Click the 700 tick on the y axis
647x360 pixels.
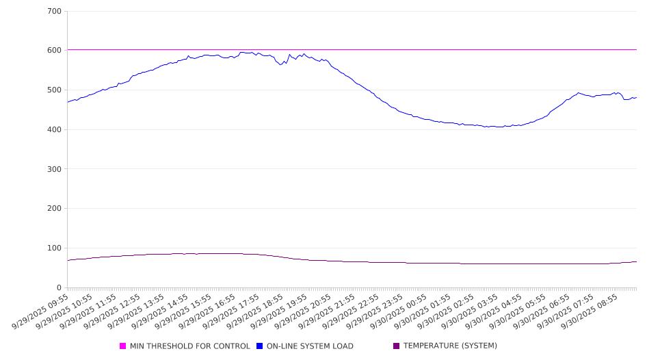[x=55, y=11]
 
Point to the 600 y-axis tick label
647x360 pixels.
[x=55, y=51]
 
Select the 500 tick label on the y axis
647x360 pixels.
[x=55, y=90]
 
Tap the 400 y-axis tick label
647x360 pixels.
[x=55, y=129]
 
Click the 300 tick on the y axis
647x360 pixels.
[x=55, y=169]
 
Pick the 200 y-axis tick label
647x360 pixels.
[x=55, y=209]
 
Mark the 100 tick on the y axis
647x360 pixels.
[x=55, y=248]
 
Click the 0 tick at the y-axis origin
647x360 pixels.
[x=60, y=287]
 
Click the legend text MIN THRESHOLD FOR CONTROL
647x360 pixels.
[x=190, y=346]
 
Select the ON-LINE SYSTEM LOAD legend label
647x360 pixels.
[x=310, y=346]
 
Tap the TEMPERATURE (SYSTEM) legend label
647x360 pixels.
[x=450, y=346]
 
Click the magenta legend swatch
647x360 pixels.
[x=123, y=346]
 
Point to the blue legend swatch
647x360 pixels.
[x=259, y=346]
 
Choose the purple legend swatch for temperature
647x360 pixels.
[x=396, y=346]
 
